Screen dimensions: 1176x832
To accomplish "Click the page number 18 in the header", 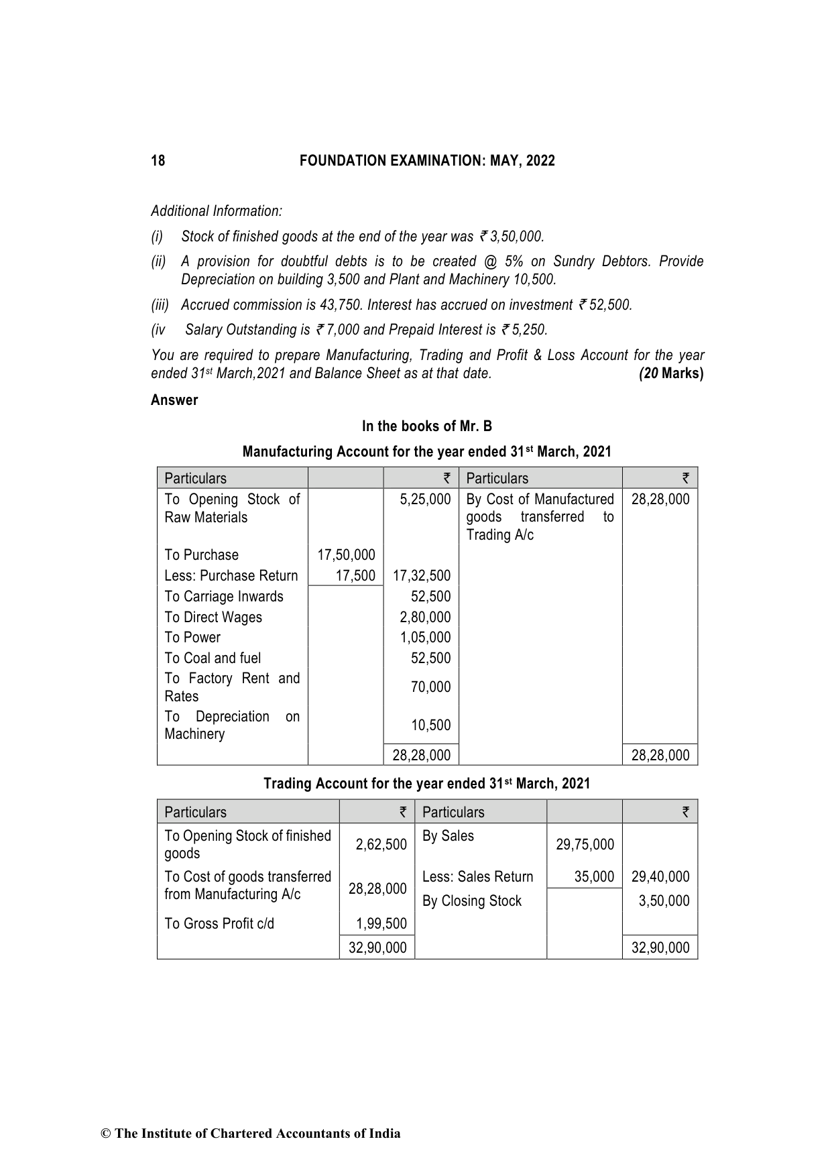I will pos(158,161).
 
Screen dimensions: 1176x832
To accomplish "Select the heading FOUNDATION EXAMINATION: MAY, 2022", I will pos(427,161).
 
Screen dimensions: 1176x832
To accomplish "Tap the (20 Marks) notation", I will pos(671,373).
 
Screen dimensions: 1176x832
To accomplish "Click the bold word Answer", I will pos(174,400).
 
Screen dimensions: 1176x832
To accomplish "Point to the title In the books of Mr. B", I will pos(427,426).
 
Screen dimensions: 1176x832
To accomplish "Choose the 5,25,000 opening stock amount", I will pos(425,499).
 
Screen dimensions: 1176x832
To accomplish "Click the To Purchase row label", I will pos(201,555).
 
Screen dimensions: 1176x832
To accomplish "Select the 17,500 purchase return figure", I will pos(355,576).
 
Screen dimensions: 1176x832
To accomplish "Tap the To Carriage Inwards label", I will pos(224,597).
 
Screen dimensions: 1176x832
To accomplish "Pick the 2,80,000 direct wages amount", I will pos(425,618).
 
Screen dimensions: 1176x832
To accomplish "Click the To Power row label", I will pos(192,638).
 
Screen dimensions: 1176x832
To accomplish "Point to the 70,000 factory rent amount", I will pos(430,687).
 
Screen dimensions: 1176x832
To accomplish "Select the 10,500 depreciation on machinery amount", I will pos(430,725).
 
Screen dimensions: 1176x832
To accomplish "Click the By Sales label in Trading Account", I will pos(448,836).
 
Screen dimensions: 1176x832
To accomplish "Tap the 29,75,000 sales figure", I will pos(585,845).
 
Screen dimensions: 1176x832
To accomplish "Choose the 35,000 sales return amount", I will pos(594,877).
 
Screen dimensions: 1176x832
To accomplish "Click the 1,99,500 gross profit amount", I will pos(381,924).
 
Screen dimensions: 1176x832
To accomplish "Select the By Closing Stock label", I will pos(471,901).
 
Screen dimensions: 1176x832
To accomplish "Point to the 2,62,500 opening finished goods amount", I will pos(381,845).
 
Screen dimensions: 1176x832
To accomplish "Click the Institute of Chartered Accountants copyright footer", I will pos(251,1134).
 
